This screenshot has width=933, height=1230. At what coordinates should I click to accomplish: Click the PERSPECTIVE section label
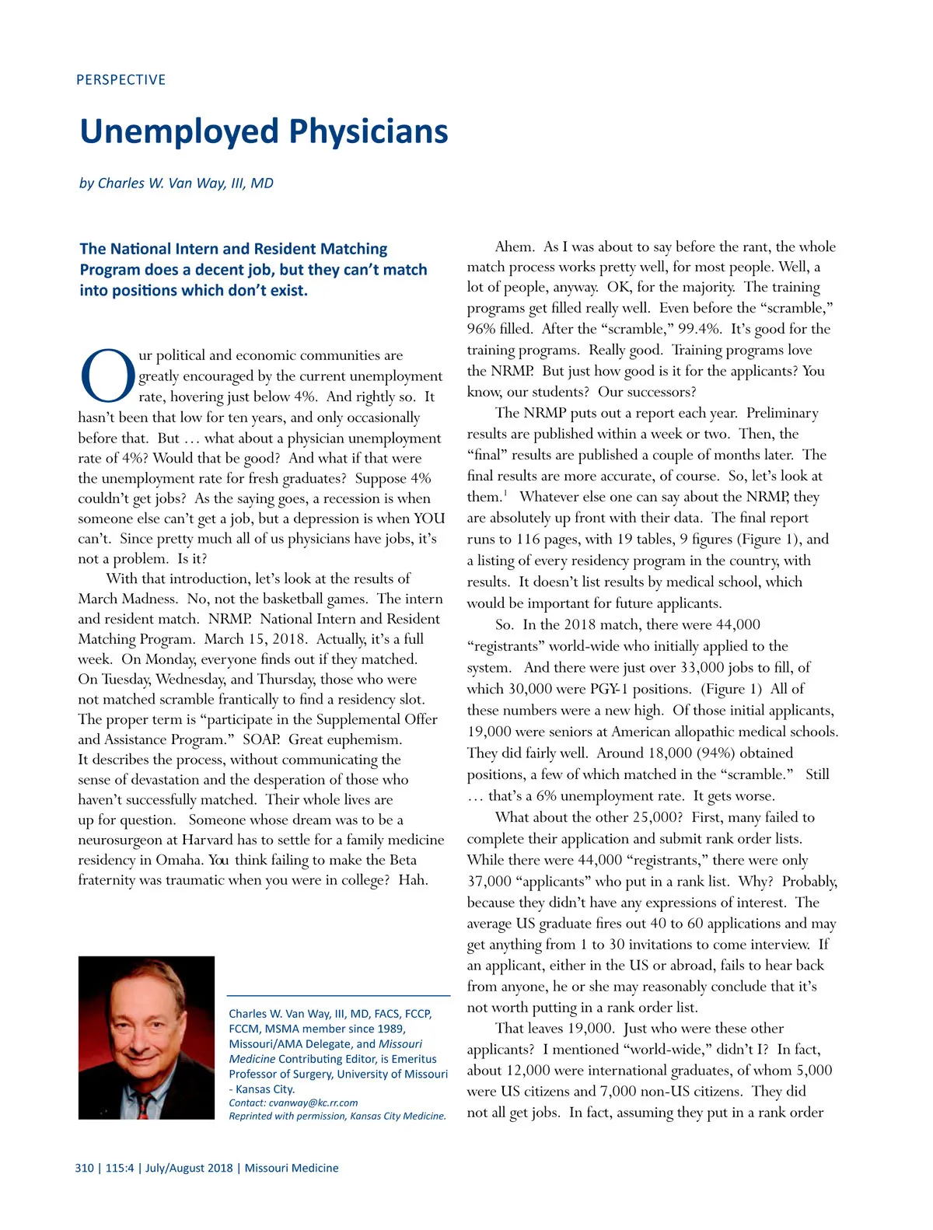pos(121,79)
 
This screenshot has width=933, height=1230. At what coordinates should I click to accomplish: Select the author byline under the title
pos(176,183)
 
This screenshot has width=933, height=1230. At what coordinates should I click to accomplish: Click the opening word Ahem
pos(514,246)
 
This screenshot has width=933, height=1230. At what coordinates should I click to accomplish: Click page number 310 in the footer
pos(84,1168)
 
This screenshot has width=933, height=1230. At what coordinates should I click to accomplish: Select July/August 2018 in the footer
pos(189,1168)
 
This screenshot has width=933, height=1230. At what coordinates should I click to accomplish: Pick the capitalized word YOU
pos(429,519)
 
